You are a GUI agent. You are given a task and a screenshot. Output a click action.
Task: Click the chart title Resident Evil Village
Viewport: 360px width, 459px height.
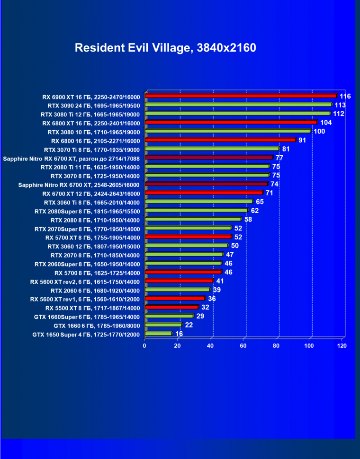(165, 48)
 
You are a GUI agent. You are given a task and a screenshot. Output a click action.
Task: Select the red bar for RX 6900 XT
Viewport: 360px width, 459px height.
(241, 96)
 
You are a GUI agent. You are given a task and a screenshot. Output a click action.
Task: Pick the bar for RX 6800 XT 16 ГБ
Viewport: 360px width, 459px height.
(231, 123)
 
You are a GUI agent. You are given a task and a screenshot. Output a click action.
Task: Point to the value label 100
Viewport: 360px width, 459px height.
(319, 131)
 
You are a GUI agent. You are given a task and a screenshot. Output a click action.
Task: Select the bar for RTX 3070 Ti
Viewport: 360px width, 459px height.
(212, 149)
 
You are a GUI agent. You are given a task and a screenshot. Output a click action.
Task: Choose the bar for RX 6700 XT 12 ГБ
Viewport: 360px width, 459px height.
(204, 193)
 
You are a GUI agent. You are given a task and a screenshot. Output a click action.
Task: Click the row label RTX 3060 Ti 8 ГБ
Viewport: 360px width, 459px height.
(90, 202)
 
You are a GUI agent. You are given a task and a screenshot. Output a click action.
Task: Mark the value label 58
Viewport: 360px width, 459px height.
(248, 220)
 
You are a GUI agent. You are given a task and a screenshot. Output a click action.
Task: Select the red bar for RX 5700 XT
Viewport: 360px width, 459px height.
(188, 237)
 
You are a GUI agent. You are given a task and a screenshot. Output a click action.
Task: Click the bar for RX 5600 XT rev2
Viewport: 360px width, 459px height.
(179, 282)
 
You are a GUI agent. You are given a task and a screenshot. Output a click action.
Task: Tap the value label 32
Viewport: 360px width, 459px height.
(206, 308)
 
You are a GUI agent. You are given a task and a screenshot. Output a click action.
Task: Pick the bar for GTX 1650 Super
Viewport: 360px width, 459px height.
(158, 334)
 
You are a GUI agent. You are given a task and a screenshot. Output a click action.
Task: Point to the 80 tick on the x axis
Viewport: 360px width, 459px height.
(277, 346)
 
